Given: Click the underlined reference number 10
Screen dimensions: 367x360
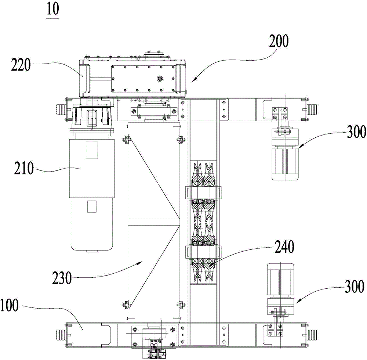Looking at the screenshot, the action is (x=53, y=10).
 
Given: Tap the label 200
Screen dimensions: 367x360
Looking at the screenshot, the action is (x=279, y=41).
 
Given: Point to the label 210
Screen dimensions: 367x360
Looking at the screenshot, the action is (x=24, y=168).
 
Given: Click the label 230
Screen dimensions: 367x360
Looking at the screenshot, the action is (x=62, y=278).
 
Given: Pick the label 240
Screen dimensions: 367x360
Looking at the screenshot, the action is (x=284, y=247).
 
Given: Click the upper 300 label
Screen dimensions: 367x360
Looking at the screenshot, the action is (x=356, y=132).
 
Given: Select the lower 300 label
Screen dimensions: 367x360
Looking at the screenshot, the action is (x=355, y=286).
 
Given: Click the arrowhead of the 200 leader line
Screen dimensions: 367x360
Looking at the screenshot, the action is (x=194, y=80).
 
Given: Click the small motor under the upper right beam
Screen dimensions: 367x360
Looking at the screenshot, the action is (x=285, y=154).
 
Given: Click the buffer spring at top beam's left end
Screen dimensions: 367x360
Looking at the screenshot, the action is (x=61, y=109).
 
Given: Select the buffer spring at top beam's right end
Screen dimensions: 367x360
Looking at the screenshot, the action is (x=312, y=109).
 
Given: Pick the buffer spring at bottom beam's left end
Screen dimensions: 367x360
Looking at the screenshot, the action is (x=61, y=334).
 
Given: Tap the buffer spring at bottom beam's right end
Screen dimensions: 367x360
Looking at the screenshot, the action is (x=312, y=334).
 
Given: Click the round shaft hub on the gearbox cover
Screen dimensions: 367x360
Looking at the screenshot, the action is (x=160, y=79).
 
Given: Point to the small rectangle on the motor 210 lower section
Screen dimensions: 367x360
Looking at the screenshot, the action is (x=92, y=206).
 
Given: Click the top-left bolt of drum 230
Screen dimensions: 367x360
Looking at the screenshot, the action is (x=126, y=140).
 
